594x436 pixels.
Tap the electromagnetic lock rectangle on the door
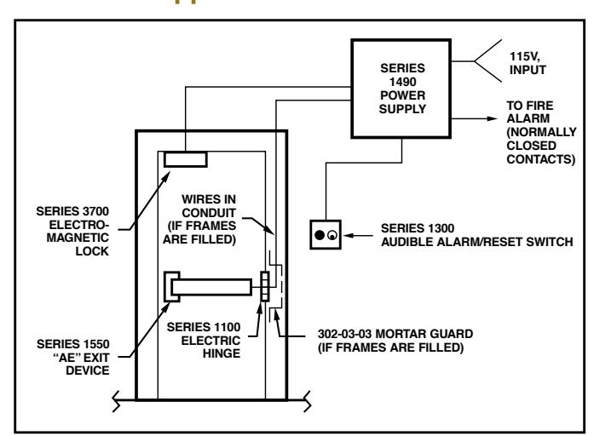[x=186, y=159]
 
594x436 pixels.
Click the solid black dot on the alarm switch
[x=320, y=235]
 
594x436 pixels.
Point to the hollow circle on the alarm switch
[x=332, y=235]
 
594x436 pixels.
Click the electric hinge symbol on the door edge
[x=265, y=286]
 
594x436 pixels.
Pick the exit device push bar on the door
[x=211, y=287]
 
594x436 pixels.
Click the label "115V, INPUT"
[x=528, y=63]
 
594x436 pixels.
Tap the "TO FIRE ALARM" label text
[x=529, y=112]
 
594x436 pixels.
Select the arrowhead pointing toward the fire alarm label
[x=493, y=118]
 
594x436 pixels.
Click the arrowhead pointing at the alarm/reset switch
[x=349, y=235]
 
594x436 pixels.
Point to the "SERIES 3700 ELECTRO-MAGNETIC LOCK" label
[x=72, y=231]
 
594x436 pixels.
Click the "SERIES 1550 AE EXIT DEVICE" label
[x=73, y=357]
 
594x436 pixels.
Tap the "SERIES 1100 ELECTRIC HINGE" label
[x=204, y=340]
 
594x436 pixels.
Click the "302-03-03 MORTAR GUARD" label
[x=395, y=334]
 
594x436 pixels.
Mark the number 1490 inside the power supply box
[x=403, y=82]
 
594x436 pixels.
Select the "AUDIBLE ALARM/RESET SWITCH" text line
[x=477, y=242]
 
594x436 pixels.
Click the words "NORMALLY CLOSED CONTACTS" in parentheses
[x=542, y=146]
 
